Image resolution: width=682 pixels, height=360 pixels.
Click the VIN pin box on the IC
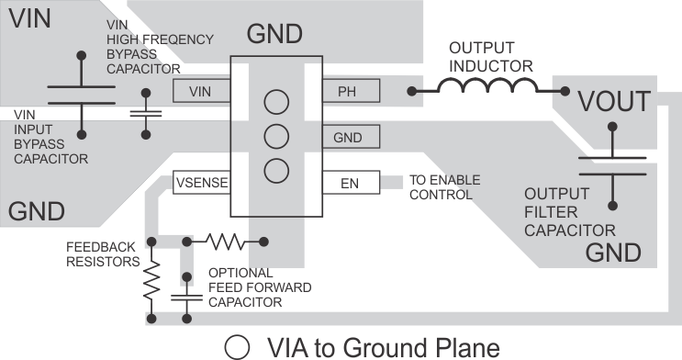200,91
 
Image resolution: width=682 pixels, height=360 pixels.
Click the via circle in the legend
239,347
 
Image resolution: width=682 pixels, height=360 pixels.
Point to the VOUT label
613,101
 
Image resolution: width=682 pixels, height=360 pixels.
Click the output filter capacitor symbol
611,165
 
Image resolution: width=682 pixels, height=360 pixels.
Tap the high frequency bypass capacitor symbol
145,113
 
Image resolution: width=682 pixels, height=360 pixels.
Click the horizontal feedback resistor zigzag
226,241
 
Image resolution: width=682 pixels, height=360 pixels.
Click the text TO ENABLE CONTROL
441,186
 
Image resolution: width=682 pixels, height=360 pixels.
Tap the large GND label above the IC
274,36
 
